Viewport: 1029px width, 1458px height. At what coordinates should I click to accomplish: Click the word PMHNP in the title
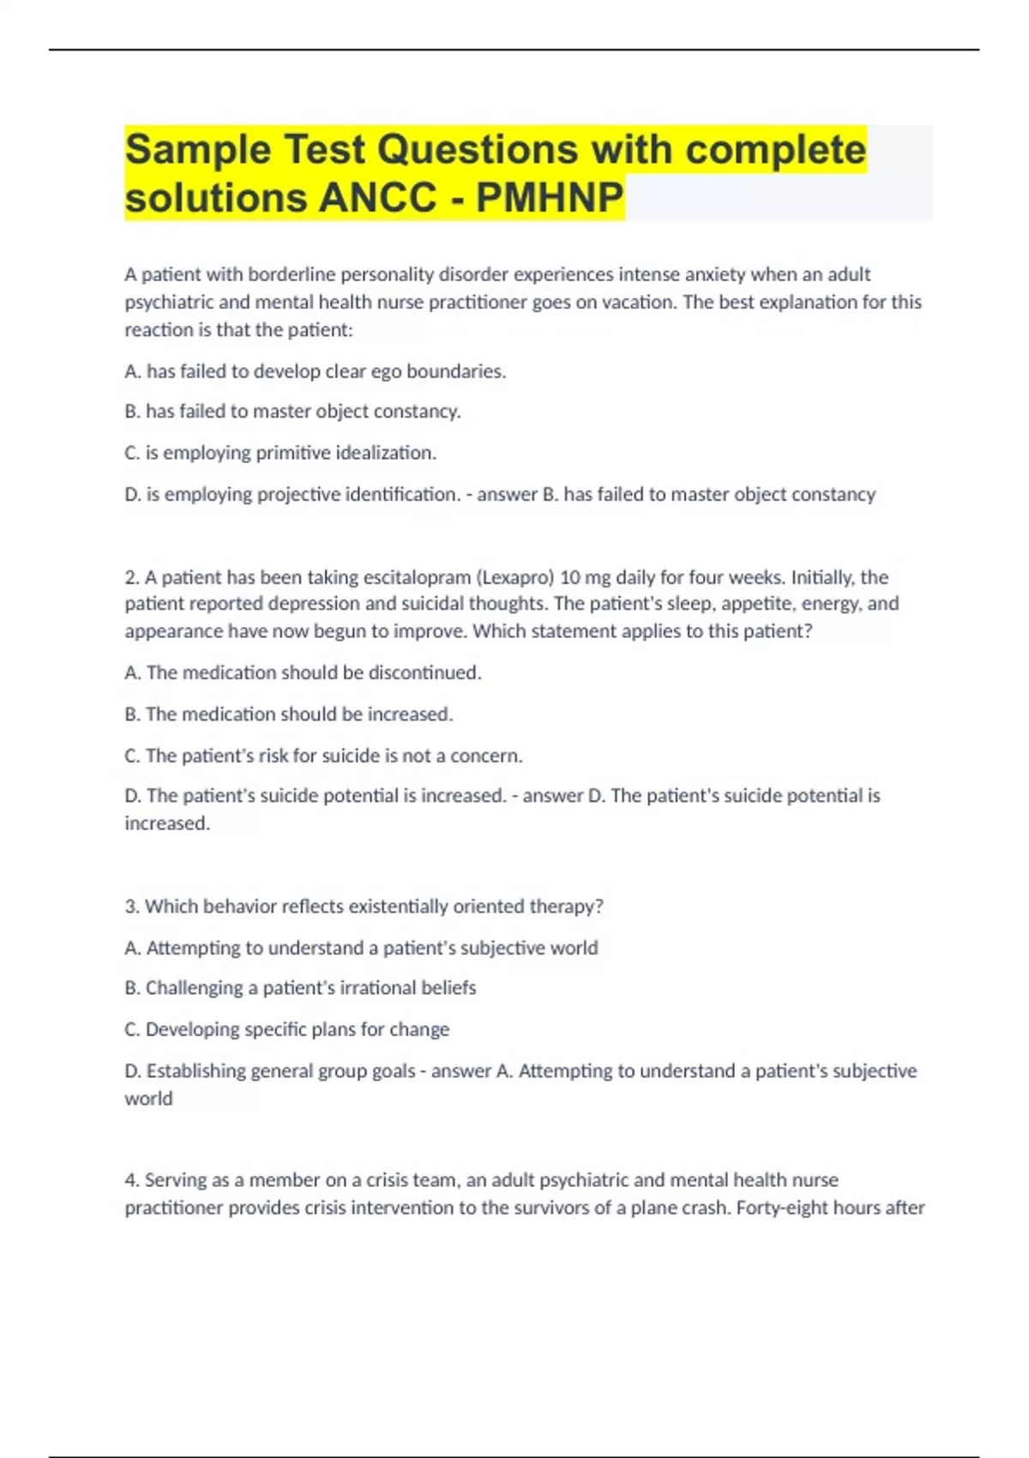tap(550, 197)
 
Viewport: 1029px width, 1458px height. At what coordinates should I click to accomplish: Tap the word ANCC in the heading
tap(377, 197)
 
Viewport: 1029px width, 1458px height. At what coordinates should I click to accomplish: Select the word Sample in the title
tap(198, 149)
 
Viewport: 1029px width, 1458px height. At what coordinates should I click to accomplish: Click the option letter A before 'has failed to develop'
tap(131, 371)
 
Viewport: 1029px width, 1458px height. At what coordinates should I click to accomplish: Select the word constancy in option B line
tap(418, 412)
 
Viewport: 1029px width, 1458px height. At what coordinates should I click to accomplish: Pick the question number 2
tap(130, 577)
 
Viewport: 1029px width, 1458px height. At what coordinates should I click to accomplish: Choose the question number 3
tap(130, 907)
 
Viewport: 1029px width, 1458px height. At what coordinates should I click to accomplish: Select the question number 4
tap(130, 1180)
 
